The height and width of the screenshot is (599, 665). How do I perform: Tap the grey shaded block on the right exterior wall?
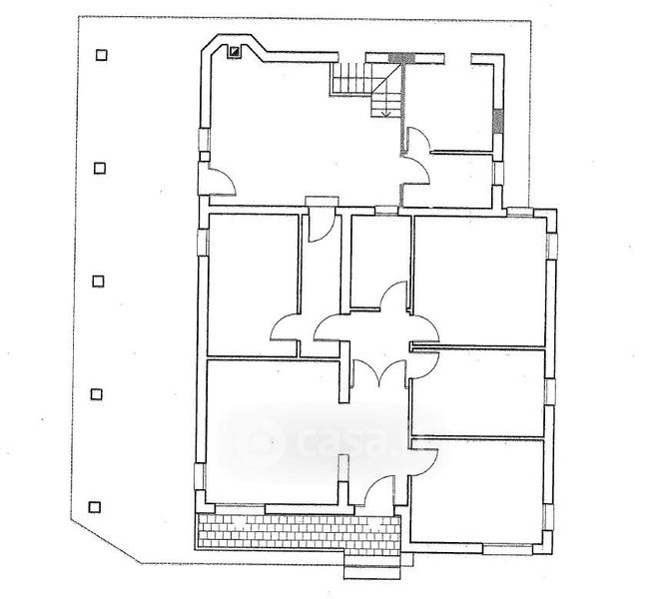(x=497, y=122)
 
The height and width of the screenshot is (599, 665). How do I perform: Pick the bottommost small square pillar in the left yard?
(x=95, y=505)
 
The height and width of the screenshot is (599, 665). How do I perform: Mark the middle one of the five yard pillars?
(x=97, y=281)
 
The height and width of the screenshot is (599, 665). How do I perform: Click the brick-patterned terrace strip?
(x=300, y=534)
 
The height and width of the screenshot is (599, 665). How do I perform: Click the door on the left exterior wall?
(x=220, y=180)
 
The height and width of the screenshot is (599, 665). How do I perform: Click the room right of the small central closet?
(x=479, y=280)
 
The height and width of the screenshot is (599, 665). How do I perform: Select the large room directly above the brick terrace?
(x=270, y=429)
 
